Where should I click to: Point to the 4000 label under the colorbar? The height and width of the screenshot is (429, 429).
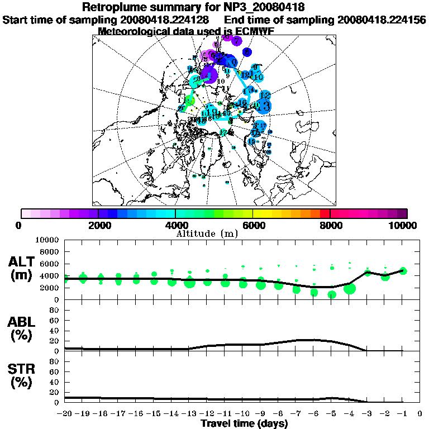(175, 225)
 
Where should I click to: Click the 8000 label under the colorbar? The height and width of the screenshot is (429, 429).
(330, 225)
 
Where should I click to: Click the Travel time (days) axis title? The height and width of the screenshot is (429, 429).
(244, 423)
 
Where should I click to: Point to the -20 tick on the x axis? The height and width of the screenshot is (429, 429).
(65, 414)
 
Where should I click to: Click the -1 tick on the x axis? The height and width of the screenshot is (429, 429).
(402, 414)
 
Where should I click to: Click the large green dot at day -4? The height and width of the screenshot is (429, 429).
(350, 289)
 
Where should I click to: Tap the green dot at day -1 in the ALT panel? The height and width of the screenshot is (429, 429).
(403, 271)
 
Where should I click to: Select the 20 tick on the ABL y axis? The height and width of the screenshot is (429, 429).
(55, 341)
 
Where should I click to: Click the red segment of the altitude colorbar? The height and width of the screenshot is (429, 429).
(323, 213)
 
